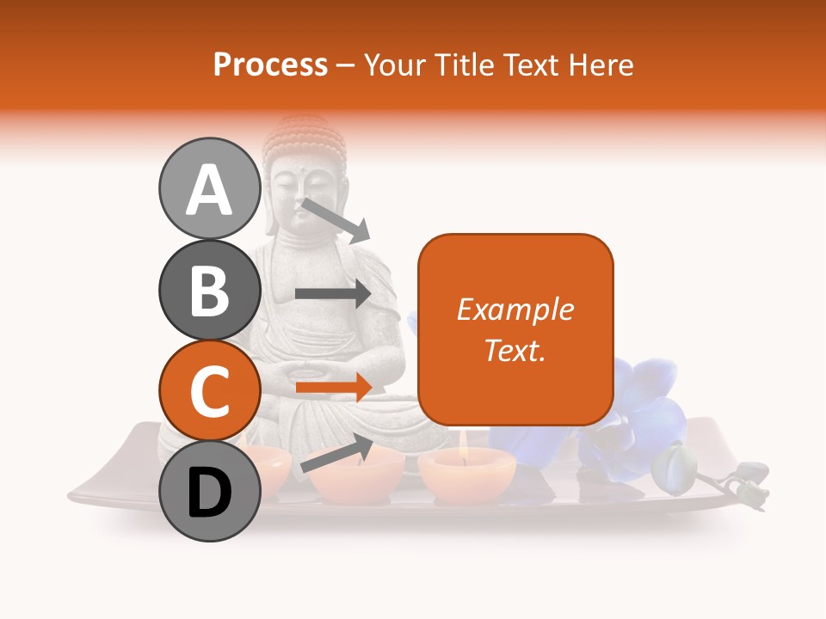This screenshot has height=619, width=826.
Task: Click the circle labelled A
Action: (209, 189)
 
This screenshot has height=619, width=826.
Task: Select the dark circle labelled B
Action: (209, 290)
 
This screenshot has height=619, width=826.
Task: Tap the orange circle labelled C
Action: (209, 390)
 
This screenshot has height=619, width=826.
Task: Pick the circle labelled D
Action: (209, 491)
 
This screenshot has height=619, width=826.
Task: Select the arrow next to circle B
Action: (333, 293)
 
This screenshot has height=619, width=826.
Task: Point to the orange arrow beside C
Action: (333, 387)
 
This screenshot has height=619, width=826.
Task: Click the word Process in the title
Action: (270, 64)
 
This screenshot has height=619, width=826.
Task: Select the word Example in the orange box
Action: (515, 309)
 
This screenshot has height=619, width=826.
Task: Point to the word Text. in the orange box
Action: (515, 350)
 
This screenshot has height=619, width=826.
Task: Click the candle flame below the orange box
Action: (464, 441)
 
